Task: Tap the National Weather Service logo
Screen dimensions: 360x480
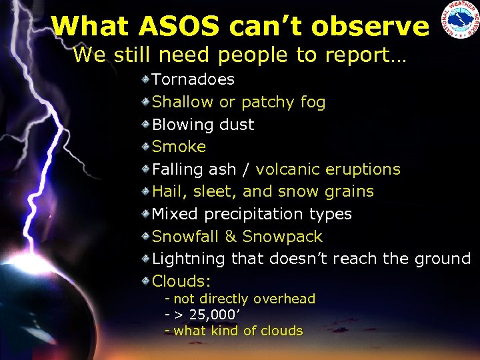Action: [x=459, y=21]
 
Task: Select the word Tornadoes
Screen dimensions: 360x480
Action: [x=193, y=79]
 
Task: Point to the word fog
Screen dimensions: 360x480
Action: [x=313, y=102]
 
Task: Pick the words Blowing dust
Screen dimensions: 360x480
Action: [x=203, y=125]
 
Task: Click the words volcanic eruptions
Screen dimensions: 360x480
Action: [x=328, y=169]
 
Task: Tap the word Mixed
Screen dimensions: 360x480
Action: [x=175, y=214]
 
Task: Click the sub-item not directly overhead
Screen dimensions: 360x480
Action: [x=244, y=299]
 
